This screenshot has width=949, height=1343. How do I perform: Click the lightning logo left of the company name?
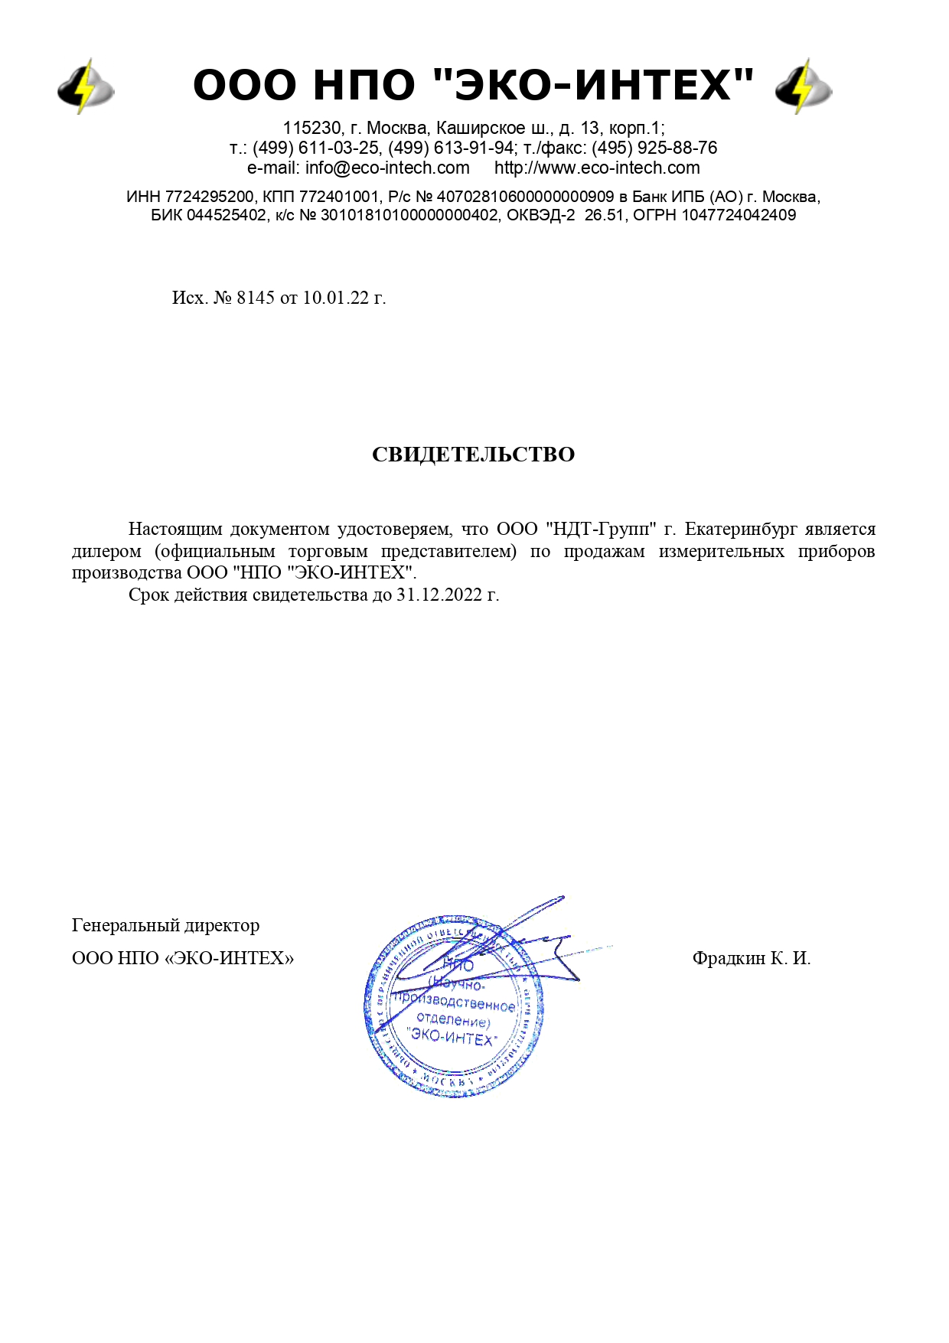tap(86, 86)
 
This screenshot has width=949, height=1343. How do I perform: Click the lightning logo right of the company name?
tap(803, 86)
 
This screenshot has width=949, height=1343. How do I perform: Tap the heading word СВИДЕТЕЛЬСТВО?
tap(473, 455)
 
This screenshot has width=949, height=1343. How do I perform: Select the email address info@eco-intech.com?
tap(387, 168)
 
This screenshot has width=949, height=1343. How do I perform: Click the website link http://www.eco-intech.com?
tap(597, 168)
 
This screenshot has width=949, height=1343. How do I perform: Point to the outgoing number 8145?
tap(256, 298)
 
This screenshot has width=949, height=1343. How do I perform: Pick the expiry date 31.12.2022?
tap(439, 595)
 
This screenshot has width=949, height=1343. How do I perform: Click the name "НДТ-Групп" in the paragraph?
tap(602, 530)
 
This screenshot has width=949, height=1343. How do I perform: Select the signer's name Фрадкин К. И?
tap(751, 958)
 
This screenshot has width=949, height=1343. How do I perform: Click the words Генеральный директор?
tap(165, 925)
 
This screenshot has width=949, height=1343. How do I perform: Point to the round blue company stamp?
tap(454, 1006)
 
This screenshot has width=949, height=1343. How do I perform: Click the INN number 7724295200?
tap(209, 197)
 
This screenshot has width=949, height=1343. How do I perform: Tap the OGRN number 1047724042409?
tap(739, 216)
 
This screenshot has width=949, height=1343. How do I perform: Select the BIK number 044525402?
tap(227, 216)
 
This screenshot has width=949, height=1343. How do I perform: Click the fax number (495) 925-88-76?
tap(654, 148)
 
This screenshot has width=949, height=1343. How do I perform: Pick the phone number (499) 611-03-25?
tap(316, 148)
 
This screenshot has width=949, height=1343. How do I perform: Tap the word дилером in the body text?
tap(106, 552)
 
